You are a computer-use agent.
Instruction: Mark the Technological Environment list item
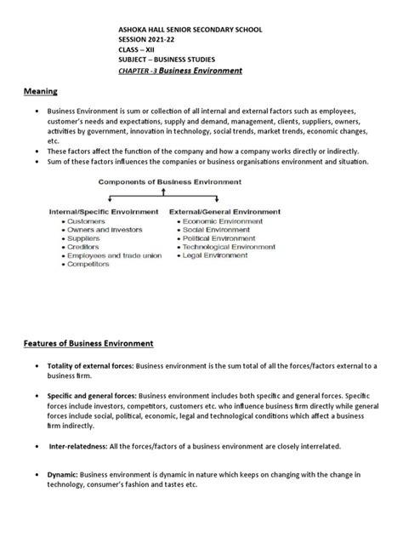click(227, 248)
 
